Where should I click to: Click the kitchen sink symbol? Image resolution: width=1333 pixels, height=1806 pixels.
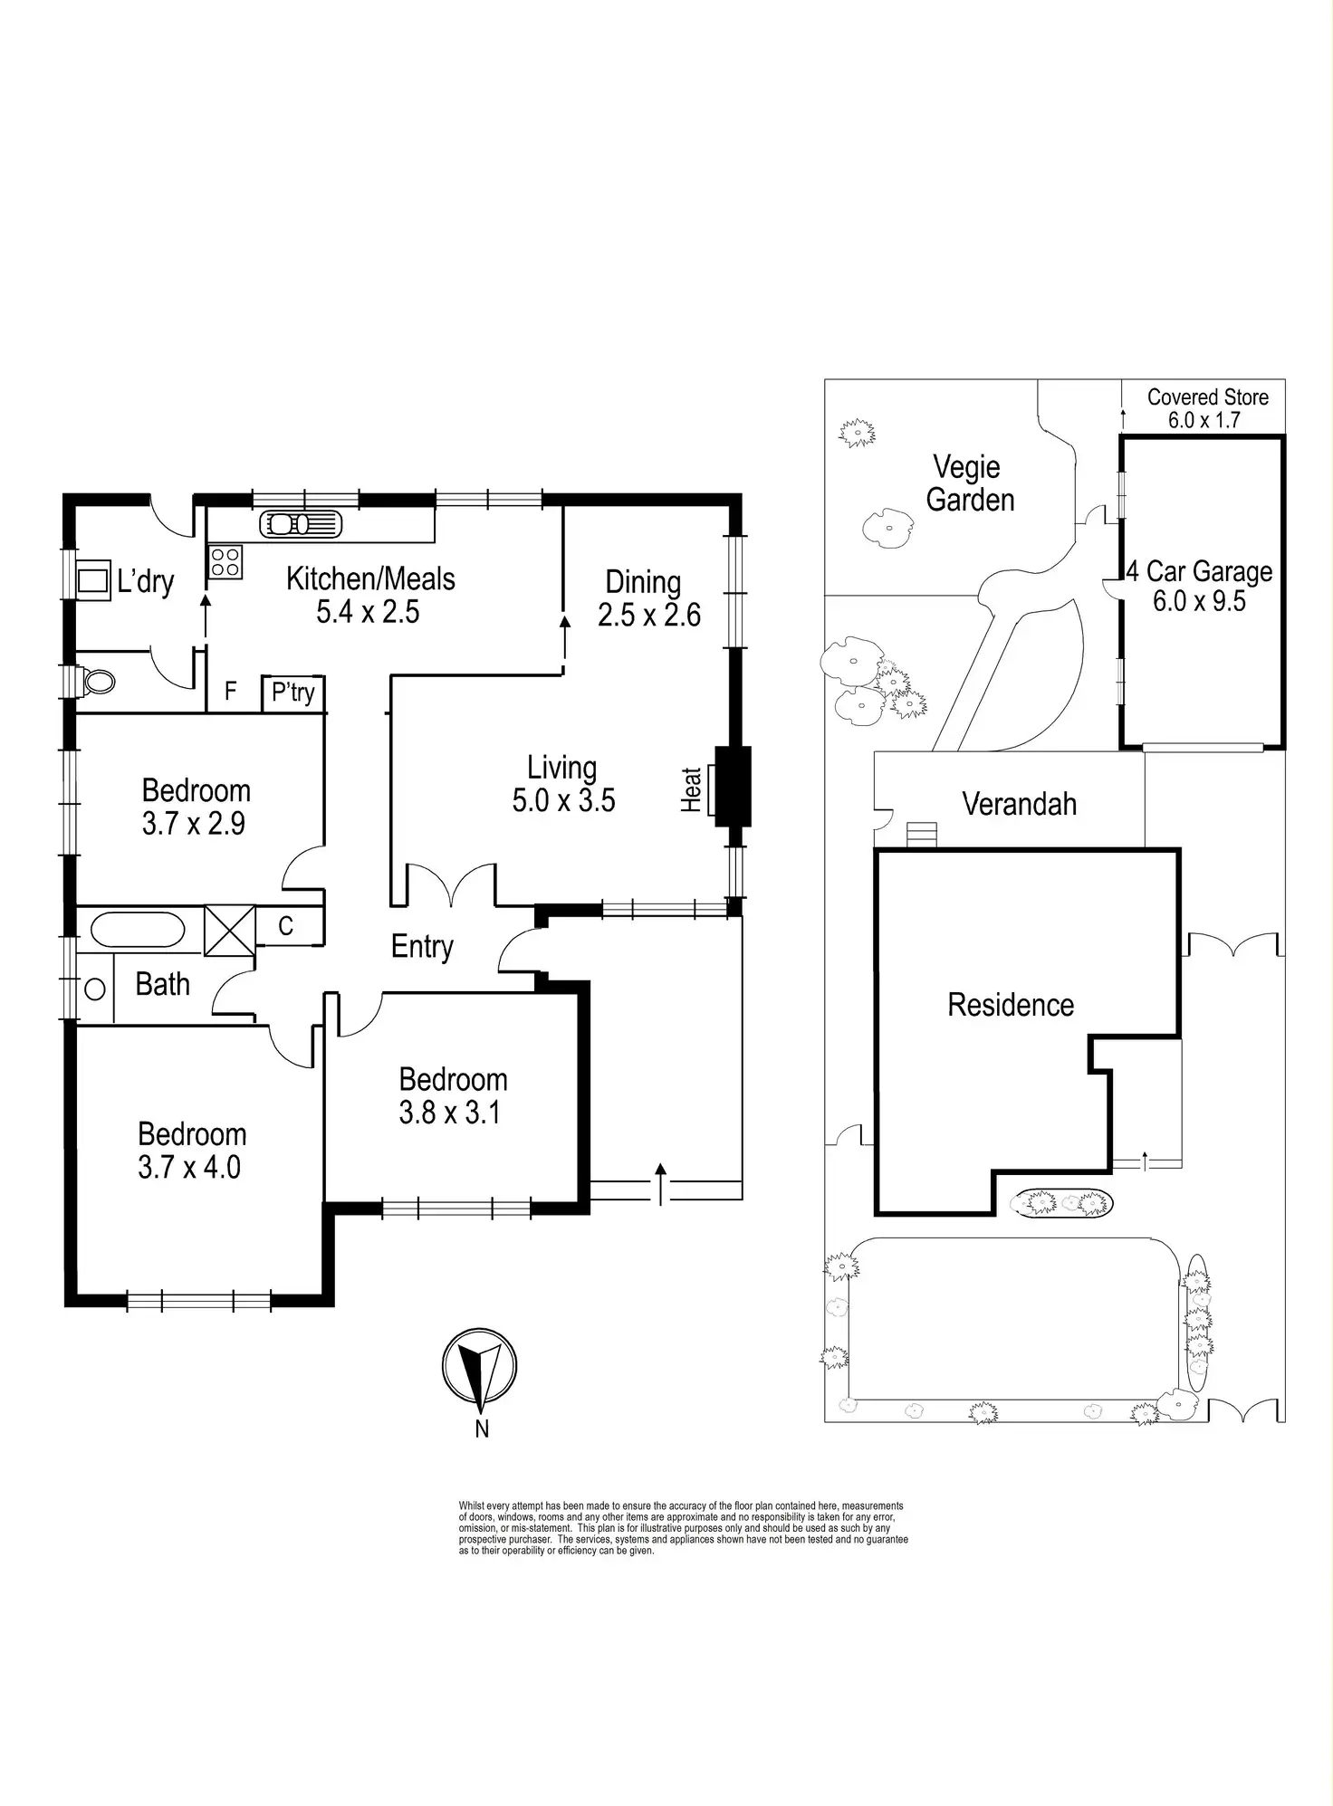[x=301, y=524]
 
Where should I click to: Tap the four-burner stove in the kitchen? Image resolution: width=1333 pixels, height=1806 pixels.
[x=225, y=562]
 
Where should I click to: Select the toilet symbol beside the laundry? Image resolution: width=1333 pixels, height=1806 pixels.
[x=96, y=681]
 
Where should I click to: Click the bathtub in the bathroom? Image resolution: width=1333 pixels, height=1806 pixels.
[x=138, y=930]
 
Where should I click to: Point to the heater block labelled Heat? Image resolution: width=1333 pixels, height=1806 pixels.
[x=732, y=786]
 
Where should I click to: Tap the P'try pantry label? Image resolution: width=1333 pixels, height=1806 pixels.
[x=293, y=693]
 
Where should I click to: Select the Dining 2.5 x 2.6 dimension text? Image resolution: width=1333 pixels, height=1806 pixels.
[x=649, y=616]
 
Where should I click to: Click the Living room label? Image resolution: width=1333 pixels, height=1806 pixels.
[x=562, y=768]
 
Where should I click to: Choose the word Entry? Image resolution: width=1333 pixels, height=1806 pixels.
[x=422, y=946]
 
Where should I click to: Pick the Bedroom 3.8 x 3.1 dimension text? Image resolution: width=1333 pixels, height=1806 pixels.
[x=450, y=1112]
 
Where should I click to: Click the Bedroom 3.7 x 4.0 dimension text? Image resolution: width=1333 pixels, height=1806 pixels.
[x=189, y=1167]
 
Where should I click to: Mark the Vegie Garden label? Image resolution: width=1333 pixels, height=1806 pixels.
[x=969, y=483]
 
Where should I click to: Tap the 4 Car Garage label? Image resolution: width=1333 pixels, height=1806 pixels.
[x=1200, y=572]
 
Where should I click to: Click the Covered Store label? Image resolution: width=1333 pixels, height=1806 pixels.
[x=1207, y=397]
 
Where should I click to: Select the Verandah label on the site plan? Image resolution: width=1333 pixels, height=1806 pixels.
[x=1019, y=804]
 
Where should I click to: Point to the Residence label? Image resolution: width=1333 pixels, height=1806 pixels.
[x=1011, y=1005]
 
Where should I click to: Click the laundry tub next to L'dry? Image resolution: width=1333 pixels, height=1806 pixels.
[x=92, y=578]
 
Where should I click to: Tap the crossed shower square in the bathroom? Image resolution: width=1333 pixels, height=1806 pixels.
[x=230, y=931]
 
